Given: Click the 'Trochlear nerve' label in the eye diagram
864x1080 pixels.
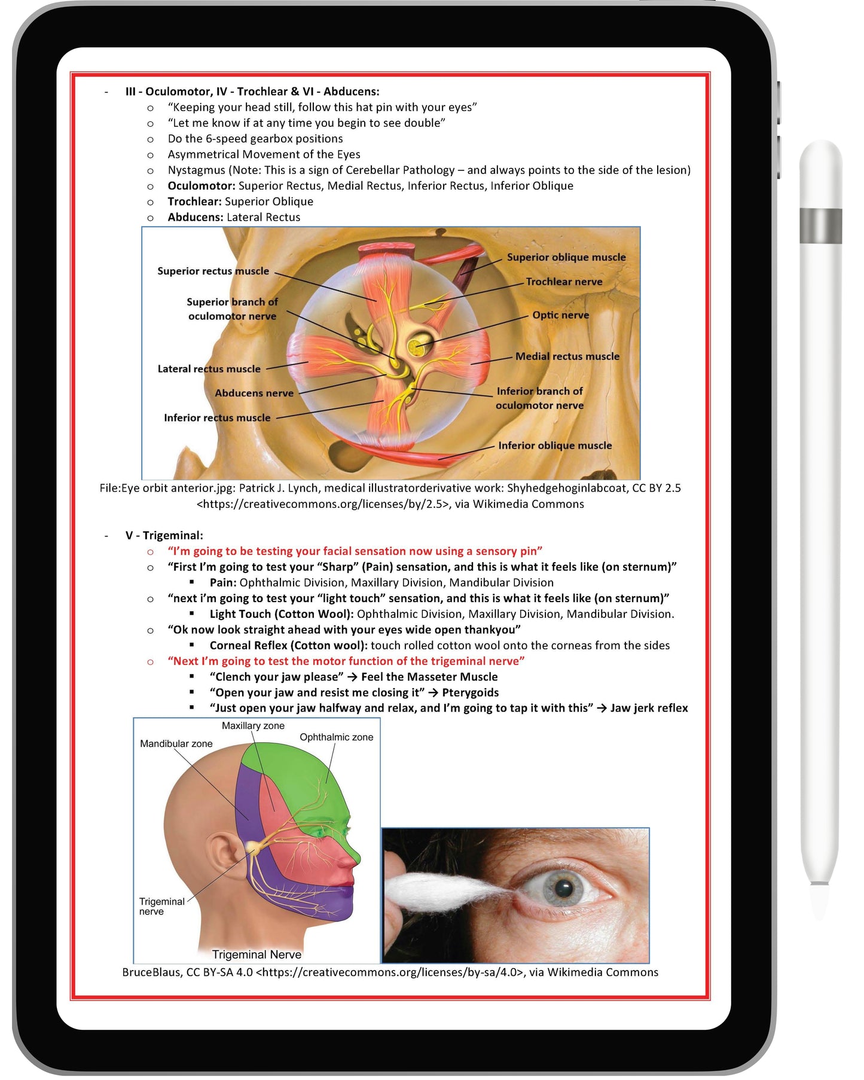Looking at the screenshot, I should (x=563, y=282).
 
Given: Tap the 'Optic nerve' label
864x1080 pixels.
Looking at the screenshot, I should (x=560, y=315).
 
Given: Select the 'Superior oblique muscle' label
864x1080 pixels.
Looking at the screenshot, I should (x=566, y=257).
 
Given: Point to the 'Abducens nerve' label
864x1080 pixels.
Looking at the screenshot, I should (x=254, y=393).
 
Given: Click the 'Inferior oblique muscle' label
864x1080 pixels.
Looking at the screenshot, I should (x=554, y=446).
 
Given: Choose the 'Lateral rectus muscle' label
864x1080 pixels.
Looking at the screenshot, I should (x=209, y=369).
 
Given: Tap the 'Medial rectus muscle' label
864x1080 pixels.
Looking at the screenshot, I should (x=567, y=356).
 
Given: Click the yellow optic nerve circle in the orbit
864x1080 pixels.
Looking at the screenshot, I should (x=417, y=346).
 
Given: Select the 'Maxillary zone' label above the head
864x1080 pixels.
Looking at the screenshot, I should (x=253, y=726).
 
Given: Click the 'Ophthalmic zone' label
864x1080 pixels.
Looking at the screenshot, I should (x=336, y=737).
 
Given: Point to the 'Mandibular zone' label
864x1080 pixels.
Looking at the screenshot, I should (x=176, y=744).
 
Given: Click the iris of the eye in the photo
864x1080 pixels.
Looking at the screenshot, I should (x=563, y=887).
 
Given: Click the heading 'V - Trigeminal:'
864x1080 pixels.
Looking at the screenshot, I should (x=164, y=536).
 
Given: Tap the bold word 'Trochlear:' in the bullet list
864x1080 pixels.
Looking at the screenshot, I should (x=194, y=202).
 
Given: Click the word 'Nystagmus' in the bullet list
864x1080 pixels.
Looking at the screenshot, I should (x=196, y=170).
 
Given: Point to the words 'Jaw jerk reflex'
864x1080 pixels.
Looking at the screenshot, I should (x=649, y=708).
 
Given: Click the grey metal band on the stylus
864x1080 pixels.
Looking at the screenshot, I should (x=820, y=225).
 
